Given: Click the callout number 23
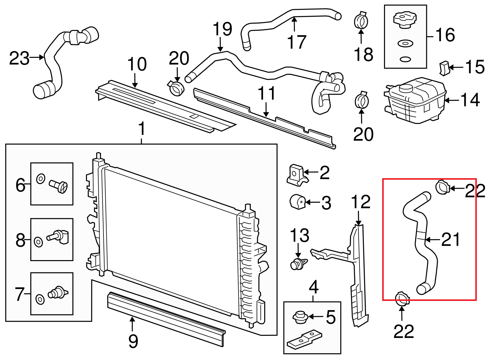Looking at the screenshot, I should [x=19, y=58].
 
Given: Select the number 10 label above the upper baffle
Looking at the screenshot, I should [x=137, y=64].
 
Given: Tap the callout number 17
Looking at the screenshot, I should [x=297, y=42].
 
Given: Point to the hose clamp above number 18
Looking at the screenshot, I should [x=361, y=21].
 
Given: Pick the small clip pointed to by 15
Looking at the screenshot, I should [x=444, y=68].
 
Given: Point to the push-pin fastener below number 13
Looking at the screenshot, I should [x=298, y=264].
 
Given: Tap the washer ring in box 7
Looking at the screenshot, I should [x=40, y=299].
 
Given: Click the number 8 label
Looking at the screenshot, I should [x=20, y=240].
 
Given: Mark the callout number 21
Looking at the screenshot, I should [x=450, y=239].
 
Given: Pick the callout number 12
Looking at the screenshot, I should [x=360, y=202].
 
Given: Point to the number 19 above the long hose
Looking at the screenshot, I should [x=222, y=29].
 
